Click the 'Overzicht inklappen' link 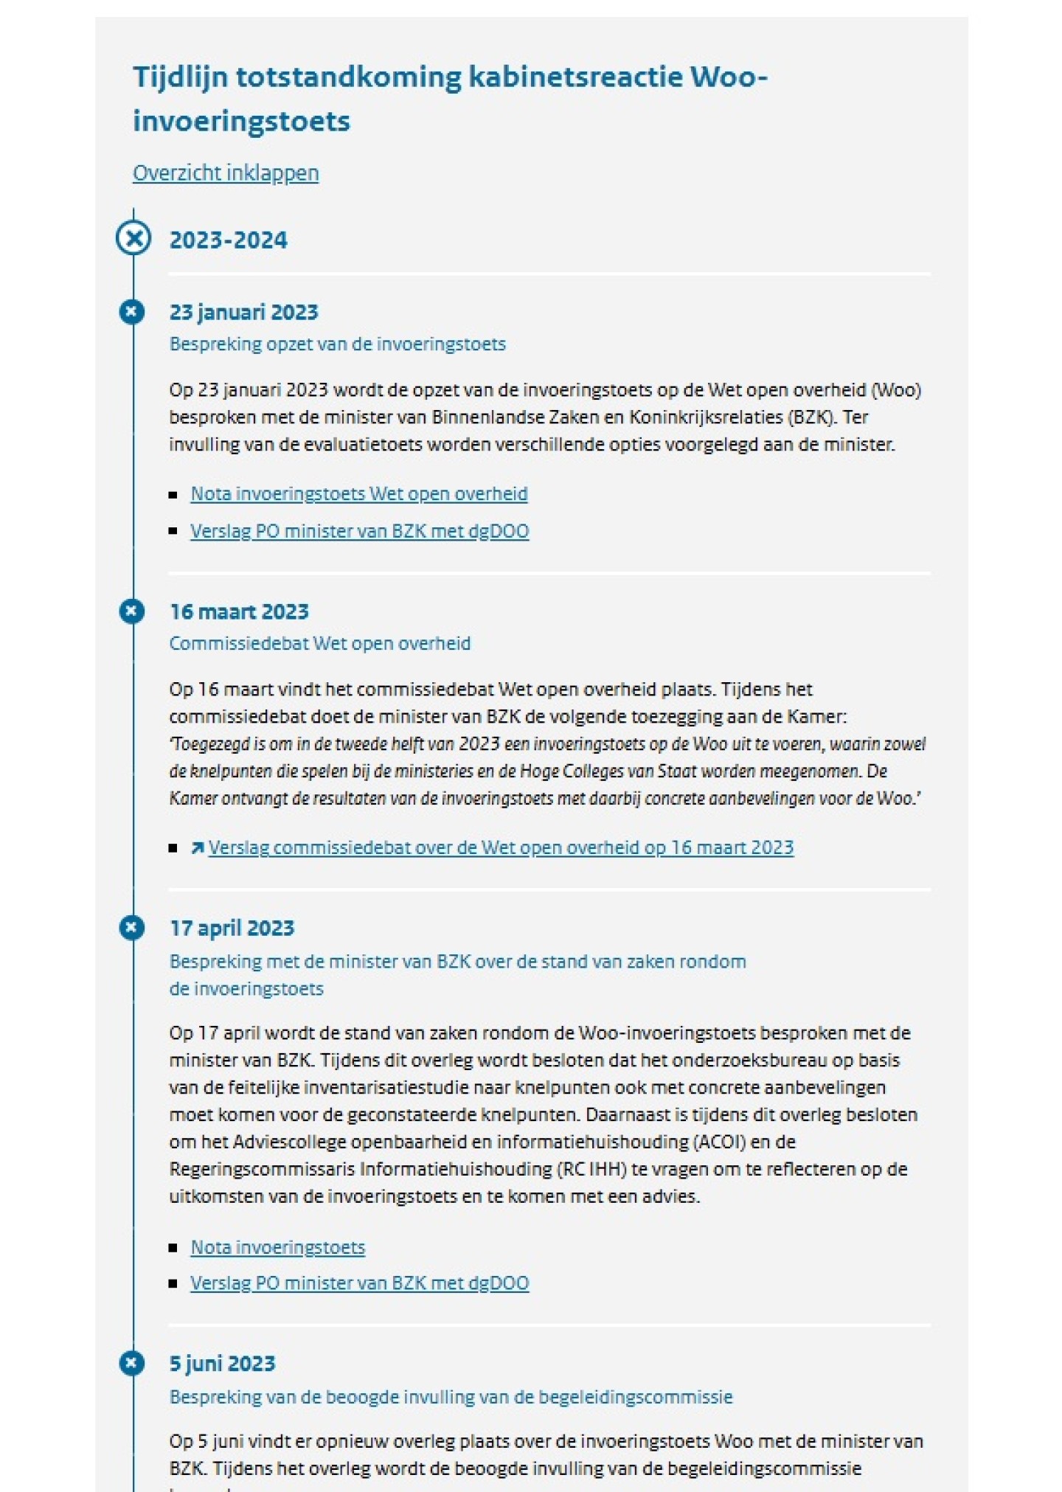(x=225, y=173)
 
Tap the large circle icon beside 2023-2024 (x=133, y=239)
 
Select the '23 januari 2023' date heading (x=243, y=312)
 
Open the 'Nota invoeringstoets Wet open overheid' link (x=358, y=493)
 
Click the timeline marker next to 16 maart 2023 (x=132, y=611)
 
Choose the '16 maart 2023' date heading (x=239, y=611)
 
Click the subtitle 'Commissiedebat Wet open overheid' (x=319, y=643)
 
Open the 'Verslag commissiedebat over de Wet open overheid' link (x=500, y=847)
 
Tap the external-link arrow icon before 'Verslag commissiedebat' (x=197, y=848)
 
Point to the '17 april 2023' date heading (x=232, y=928)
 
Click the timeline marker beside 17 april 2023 (x=132, y=928)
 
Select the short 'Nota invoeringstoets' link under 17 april (x=277, y=1247)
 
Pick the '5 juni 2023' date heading (x=222, y=1363)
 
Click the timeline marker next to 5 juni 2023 (x=132, y=1363)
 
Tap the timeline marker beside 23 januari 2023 (x=132, y=312)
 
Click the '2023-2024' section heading (x=228, y=240)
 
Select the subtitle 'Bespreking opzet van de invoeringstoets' (x=337, y=344)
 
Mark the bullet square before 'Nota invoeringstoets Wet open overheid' (x=173, y=494)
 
